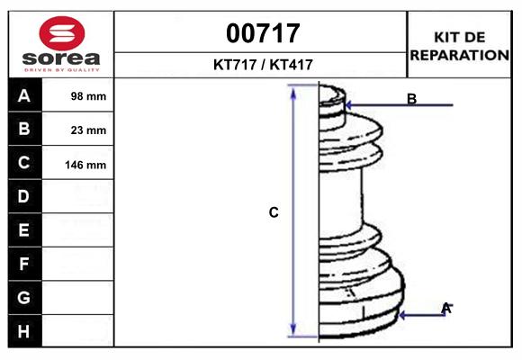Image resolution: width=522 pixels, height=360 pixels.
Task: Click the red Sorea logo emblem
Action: (62, 33)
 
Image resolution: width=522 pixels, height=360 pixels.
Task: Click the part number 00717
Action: (263, 33)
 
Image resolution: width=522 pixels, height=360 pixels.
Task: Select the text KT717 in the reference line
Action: (235, 65)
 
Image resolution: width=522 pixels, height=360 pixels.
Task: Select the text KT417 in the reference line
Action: (292, 65)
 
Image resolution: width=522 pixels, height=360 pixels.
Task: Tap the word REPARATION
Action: (459, 55)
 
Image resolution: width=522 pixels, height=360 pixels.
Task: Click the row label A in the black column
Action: (24, 96)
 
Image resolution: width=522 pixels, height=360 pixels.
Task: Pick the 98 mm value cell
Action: (88, 96)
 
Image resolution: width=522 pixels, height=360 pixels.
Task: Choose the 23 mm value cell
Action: (88, 130)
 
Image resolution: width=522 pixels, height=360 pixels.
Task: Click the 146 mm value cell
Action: (85, 165)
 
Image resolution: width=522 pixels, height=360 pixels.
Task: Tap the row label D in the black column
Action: (23, 196)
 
